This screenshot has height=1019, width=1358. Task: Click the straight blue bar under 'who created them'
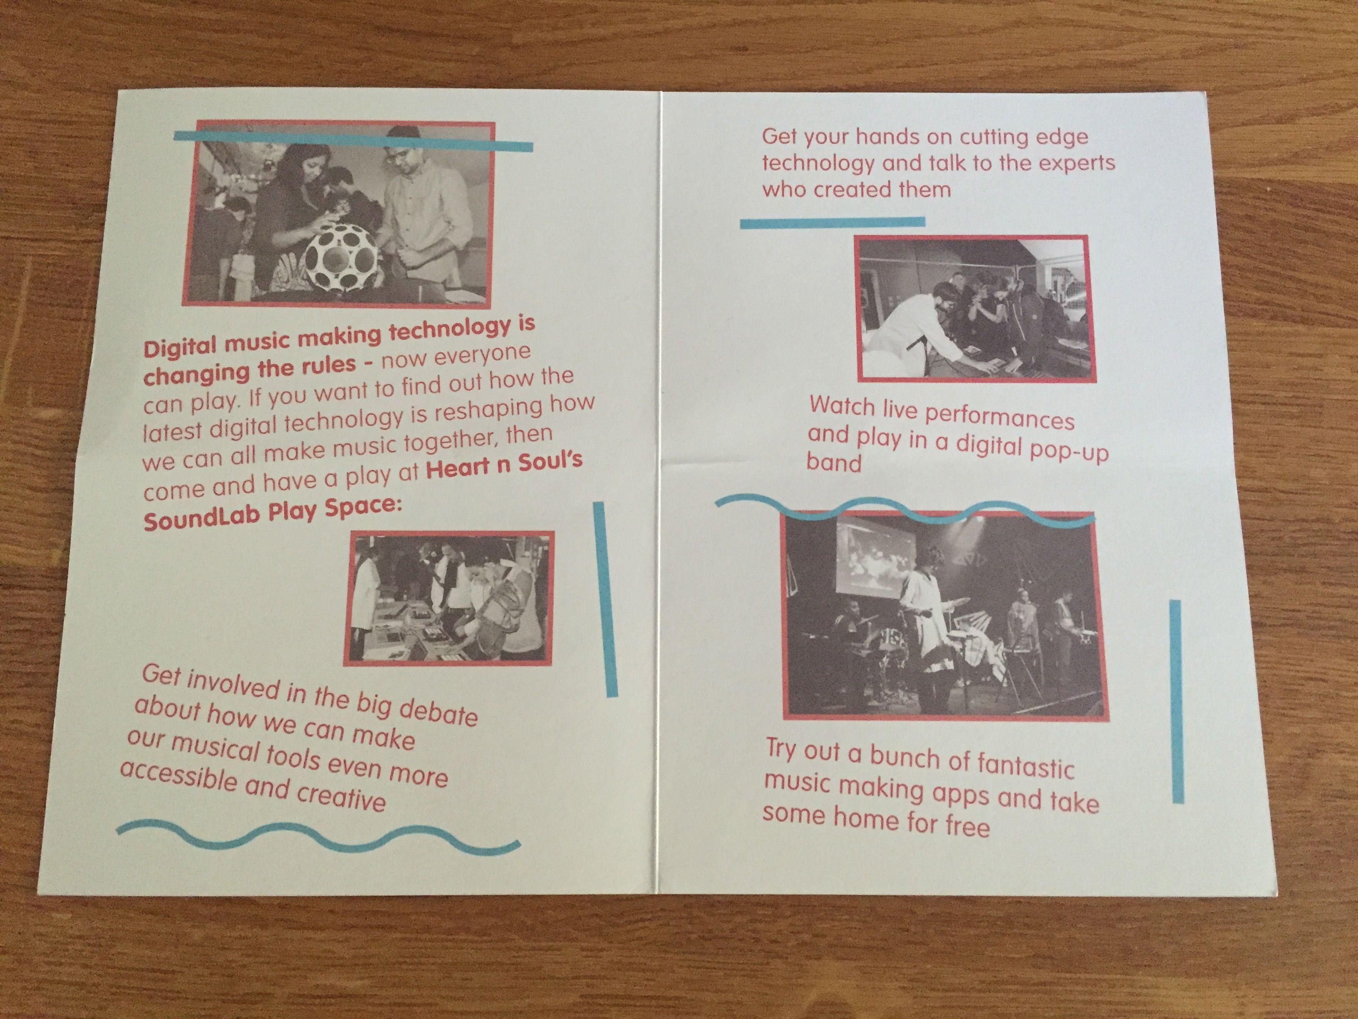[x=833, y=222]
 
